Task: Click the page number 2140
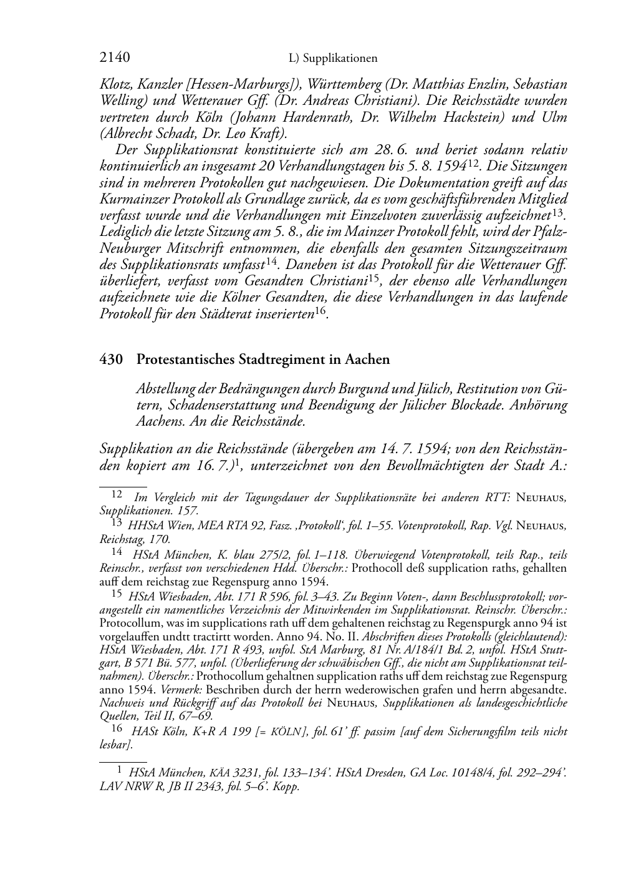(115, 58)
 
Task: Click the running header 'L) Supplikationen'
(333, 59)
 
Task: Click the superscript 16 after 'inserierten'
(321, 311)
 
